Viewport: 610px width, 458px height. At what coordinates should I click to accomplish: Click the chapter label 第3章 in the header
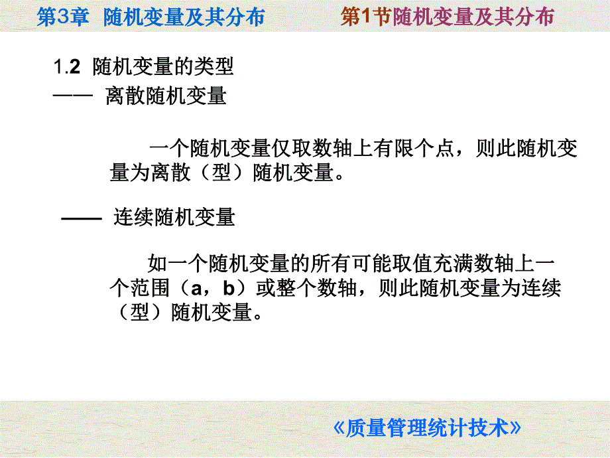coord(62,16)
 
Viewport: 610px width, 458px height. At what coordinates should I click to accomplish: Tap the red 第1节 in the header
coord(366,16)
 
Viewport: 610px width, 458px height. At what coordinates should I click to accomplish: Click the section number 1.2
coord(66,67)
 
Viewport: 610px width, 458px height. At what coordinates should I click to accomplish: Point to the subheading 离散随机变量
coord(166,96)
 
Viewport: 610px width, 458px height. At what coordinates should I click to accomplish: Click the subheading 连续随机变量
coord(174,217)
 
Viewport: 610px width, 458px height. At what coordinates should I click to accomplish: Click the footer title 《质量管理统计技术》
coord(427,427)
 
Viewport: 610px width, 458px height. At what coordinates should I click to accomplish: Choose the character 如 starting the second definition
coord(157,264)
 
